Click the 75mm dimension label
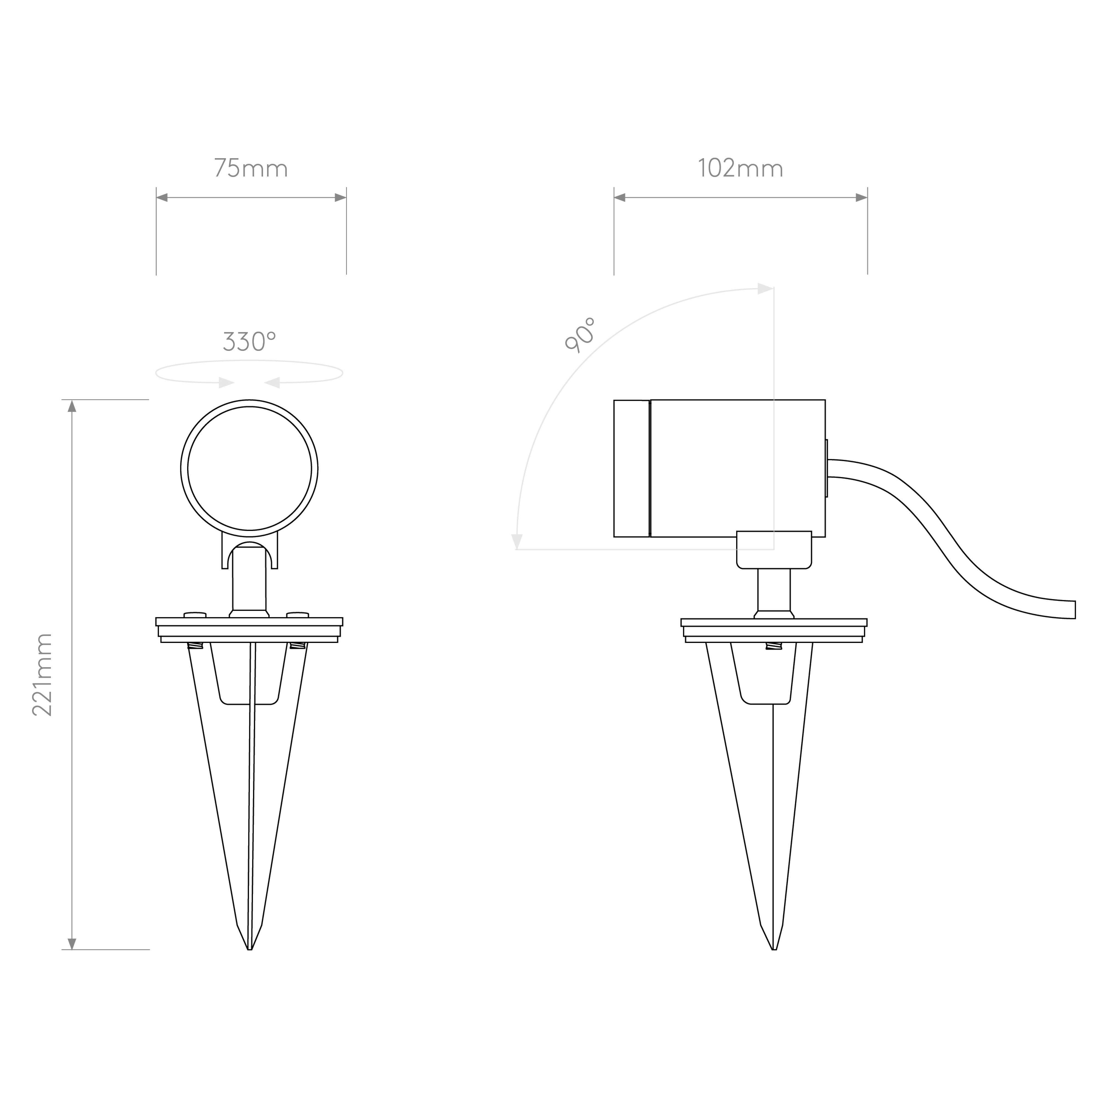click(251, 169)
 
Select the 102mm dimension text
click(741, 169)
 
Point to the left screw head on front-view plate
click(195, 614)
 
